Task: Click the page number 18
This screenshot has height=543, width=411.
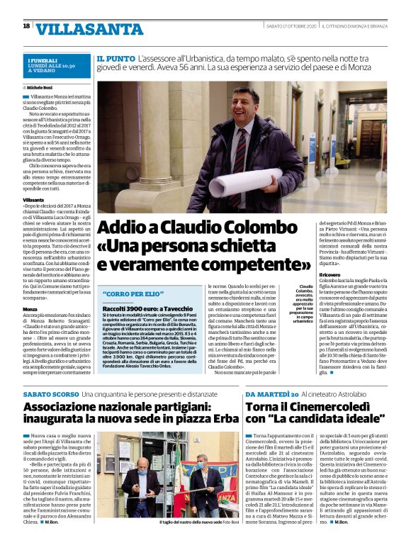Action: pos(26,26)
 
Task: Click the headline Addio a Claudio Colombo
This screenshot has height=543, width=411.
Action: pos(193,228)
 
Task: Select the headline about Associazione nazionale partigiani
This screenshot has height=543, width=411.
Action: pos(125,413)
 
